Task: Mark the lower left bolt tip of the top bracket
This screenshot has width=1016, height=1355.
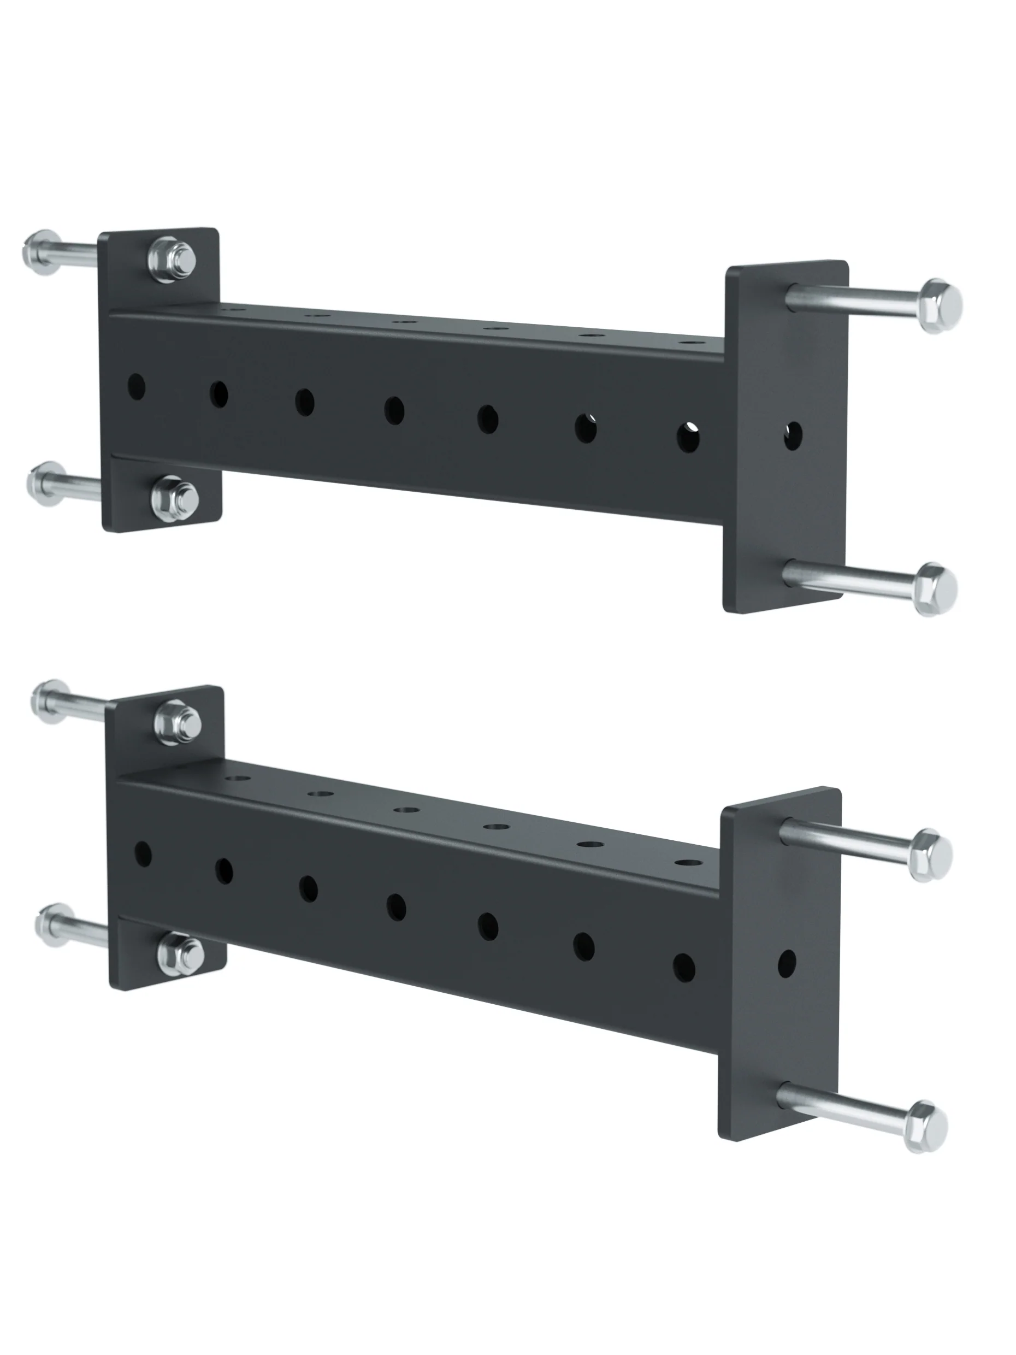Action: pyautogui.click(x=45, y=484)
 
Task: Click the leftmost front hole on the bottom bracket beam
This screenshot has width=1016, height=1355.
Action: pyautogui.click(x=142, y=853)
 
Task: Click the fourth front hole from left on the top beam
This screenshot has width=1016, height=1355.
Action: pyautogui.click(x=394, y=410)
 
